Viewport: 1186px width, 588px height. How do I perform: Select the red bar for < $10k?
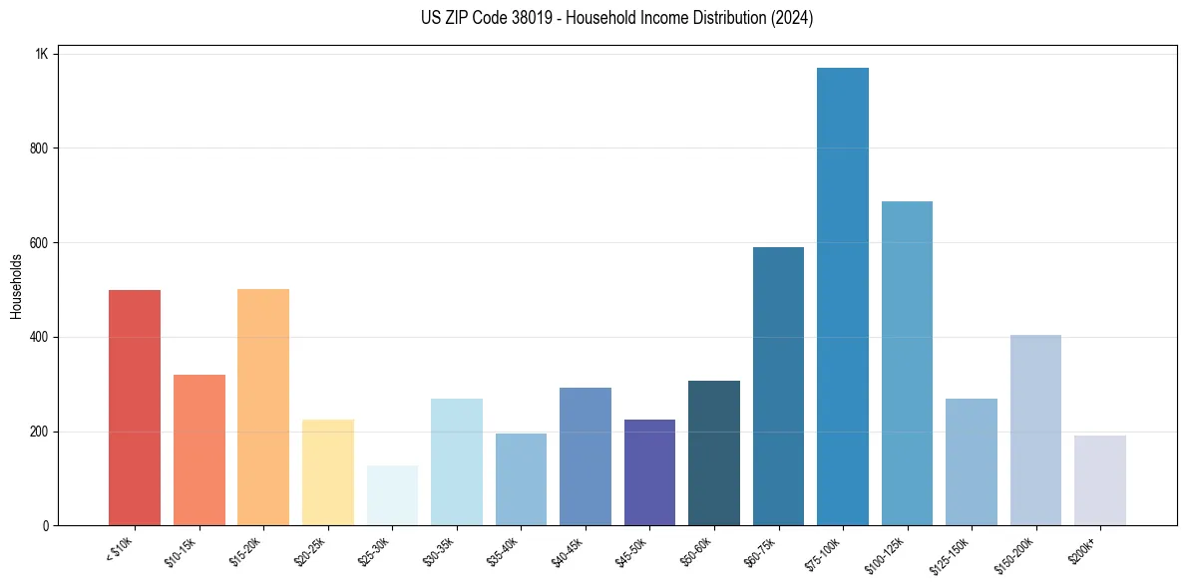(x=135, y=408)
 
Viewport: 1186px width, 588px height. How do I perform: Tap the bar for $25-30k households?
(x=392, y=495)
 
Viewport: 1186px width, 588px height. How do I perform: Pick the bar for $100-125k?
(x=907, y=364)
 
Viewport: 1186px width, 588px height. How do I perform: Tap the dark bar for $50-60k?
(x=714, y=453)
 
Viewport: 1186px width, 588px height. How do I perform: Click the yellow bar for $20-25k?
(x=328, y=472)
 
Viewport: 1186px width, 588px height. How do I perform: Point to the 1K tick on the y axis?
(x=42, y=54)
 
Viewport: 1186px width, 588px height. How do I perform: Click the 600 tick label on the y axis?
(x=39, y=242)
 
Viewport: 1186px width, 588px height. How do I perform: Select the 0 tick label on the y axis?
(x=46, y=525)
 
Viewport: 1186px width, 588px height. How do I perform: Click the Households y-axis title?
(x=16, y=286)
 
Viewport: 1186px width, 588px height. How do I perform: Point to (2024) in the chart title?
(x=791, y=18)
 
